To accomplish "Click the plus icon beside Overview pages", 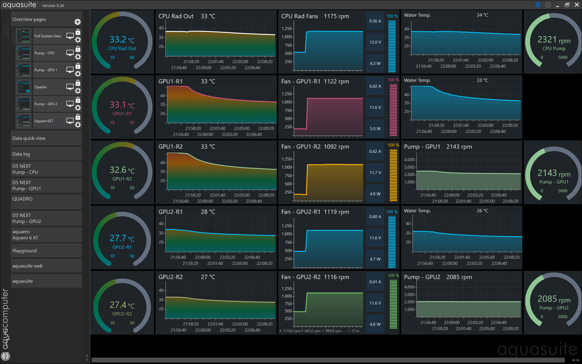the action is click(x=78, y=22).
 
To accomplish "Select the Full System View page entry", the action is click(x=48, y=36).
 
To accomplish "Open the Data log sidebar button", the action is click(x=46, y=154).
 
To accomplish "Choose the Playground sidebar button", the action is click(x=46, y=251).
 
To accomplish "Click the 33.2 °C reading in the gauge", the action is click(x=122, y=39).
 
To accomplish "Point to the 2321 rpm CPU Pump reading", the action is click(x=554, y=40).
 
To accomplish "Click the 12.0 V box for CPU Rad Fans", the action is click(x=375, y=42).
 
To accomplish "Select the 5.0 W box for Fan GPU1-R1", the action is click(x=375, y=129).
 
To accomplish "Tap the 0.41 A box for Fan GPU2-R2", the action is click(x=375, y=282).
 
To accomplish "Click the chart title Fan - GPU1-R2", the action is click(x=301, y=147).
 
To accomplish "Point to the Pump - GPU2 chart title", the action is click(x=422, y=277).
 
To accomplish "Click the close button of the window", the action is click(x=577, y=5).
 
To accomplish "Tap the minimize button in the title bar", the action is click(x=557, y=5).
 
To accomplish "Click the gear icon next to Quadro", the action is click(x=78, y=90).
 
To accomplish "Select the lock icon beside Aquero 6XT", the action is click(x=78, y=117).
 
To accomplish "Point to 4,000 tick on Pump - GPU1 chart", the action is click(x=409, y=160).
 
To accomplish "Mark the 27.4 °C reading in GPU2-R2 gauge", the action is click(x=122, y=305).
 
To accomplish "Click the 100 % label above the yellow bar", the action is click(x=393, y=145).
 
